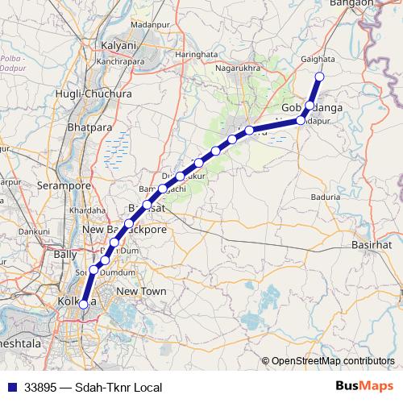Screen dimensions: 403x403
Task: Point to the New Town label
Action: tap(141, 290)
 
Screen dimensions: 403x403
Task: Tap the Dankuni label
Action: tap(32, 231)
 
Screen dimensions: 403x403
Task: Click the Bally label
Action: tap(64, 254)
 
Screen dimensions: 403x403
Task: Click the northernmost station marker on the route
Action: tap(318, 77)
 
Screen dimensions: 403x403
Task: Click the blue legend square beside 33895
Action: tap(10, 388)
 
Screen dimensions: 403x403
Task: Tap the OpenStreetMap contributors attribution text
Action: tap(334, 361)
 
